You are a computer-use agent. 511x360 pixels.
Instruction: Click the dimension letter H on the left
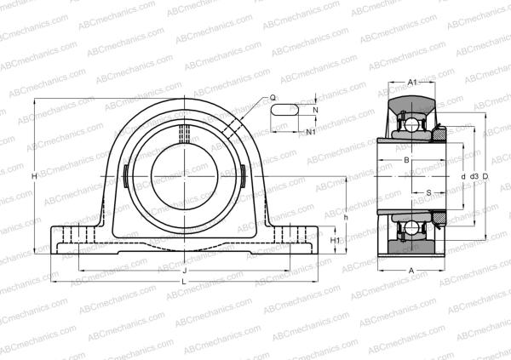[x=32, y=175]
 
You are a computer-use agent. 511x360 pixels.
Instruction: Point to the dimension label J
[x=185, y=270]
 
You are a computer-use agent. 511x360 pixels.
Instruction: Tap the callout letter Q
[x=273, y=99]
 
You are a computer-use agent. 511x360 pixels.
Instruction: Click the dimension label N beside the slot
[x=314, y=111]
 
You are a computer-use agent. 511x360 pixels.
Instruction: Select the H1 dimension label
[x=336, y=241]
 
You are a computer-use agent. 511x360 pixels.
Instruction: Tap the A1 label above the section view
[x=412, y=82]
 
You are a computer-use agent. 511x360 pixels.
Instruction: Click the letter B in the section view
[x=407, y=160]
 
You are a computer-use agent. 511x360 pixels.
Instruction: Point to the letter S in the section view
[x=428, y=192]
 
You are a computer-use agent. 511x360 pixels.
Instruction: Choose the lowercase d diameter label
[x=462, y=176]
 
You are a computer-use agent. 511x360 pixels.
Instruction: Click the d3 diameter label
[x=473, y=176]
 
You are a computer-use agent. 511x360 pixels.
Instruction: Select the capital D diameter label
[x=485, y=176]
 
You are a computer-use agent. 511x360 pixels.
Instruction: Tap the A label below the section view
[x=411, y=270]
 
